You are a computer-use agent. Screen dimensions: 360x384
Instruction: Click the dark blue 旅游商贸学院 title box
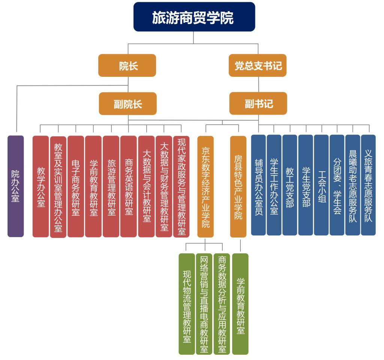[194, 17]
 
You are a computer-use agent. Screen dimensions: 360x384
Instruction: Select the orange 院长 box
[127, 66]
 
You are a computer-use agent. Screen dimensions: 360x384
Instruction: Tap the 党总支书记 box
[258, 66]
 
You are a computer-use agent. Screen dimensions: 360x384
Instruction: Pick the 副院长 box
[127, 103]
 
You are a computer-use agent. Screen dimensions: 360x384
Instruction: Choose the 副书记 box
[258, 103]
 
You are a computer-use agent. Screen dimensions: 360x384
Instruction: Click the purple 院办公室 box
[15, 186]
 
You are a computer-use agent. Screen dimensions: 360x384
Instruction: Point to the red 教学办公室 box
[40, 186]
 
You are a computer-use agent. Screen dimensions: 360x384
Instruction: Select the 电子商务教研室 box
[76, 186]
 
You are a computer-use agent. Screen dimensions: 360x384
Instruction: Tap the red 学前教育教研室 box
[93, 186]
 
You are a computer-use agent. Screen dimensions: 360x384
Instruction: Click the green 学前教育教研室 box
[240, 304]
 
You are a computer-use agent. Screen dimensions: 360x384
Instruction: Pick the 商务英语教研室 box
[129, 186]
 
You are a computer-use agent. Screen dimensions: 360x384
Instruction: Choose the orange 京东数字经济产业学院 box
[205, 186]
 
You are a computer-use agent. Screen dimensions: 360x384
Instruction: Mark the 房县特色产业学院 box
[238, 186]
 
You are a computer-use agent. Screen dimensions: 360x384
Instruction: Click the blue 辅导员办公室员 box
[258, 185]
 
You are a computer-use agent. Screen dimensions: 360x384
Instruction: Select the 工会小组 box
[321, 185]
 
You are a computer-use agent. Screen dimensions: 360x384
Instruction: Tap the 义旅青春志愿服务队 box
[368, 185]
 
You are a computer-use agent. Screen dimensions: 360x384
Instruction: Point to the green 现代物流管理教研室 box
[187, 304]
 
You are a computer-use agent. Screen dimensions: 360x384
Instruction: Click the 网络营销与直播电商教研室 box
[204, 304]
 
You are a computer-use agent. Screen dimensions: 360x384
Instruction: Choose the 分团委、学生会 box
[337, 185]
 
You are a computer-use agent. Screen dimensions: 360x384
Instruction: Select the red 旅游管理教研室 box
[111, 186]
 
